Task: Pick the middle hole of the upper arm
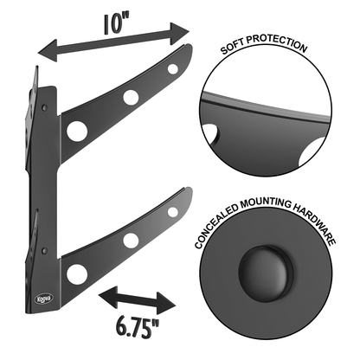pos(131,97)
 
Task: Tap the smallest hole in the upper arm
pos(173,68)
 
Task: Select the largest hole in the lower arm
pos(78,274)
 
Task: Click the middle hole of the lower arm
pos(131,240)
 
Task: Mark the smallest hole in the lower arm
pos(173,211)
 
